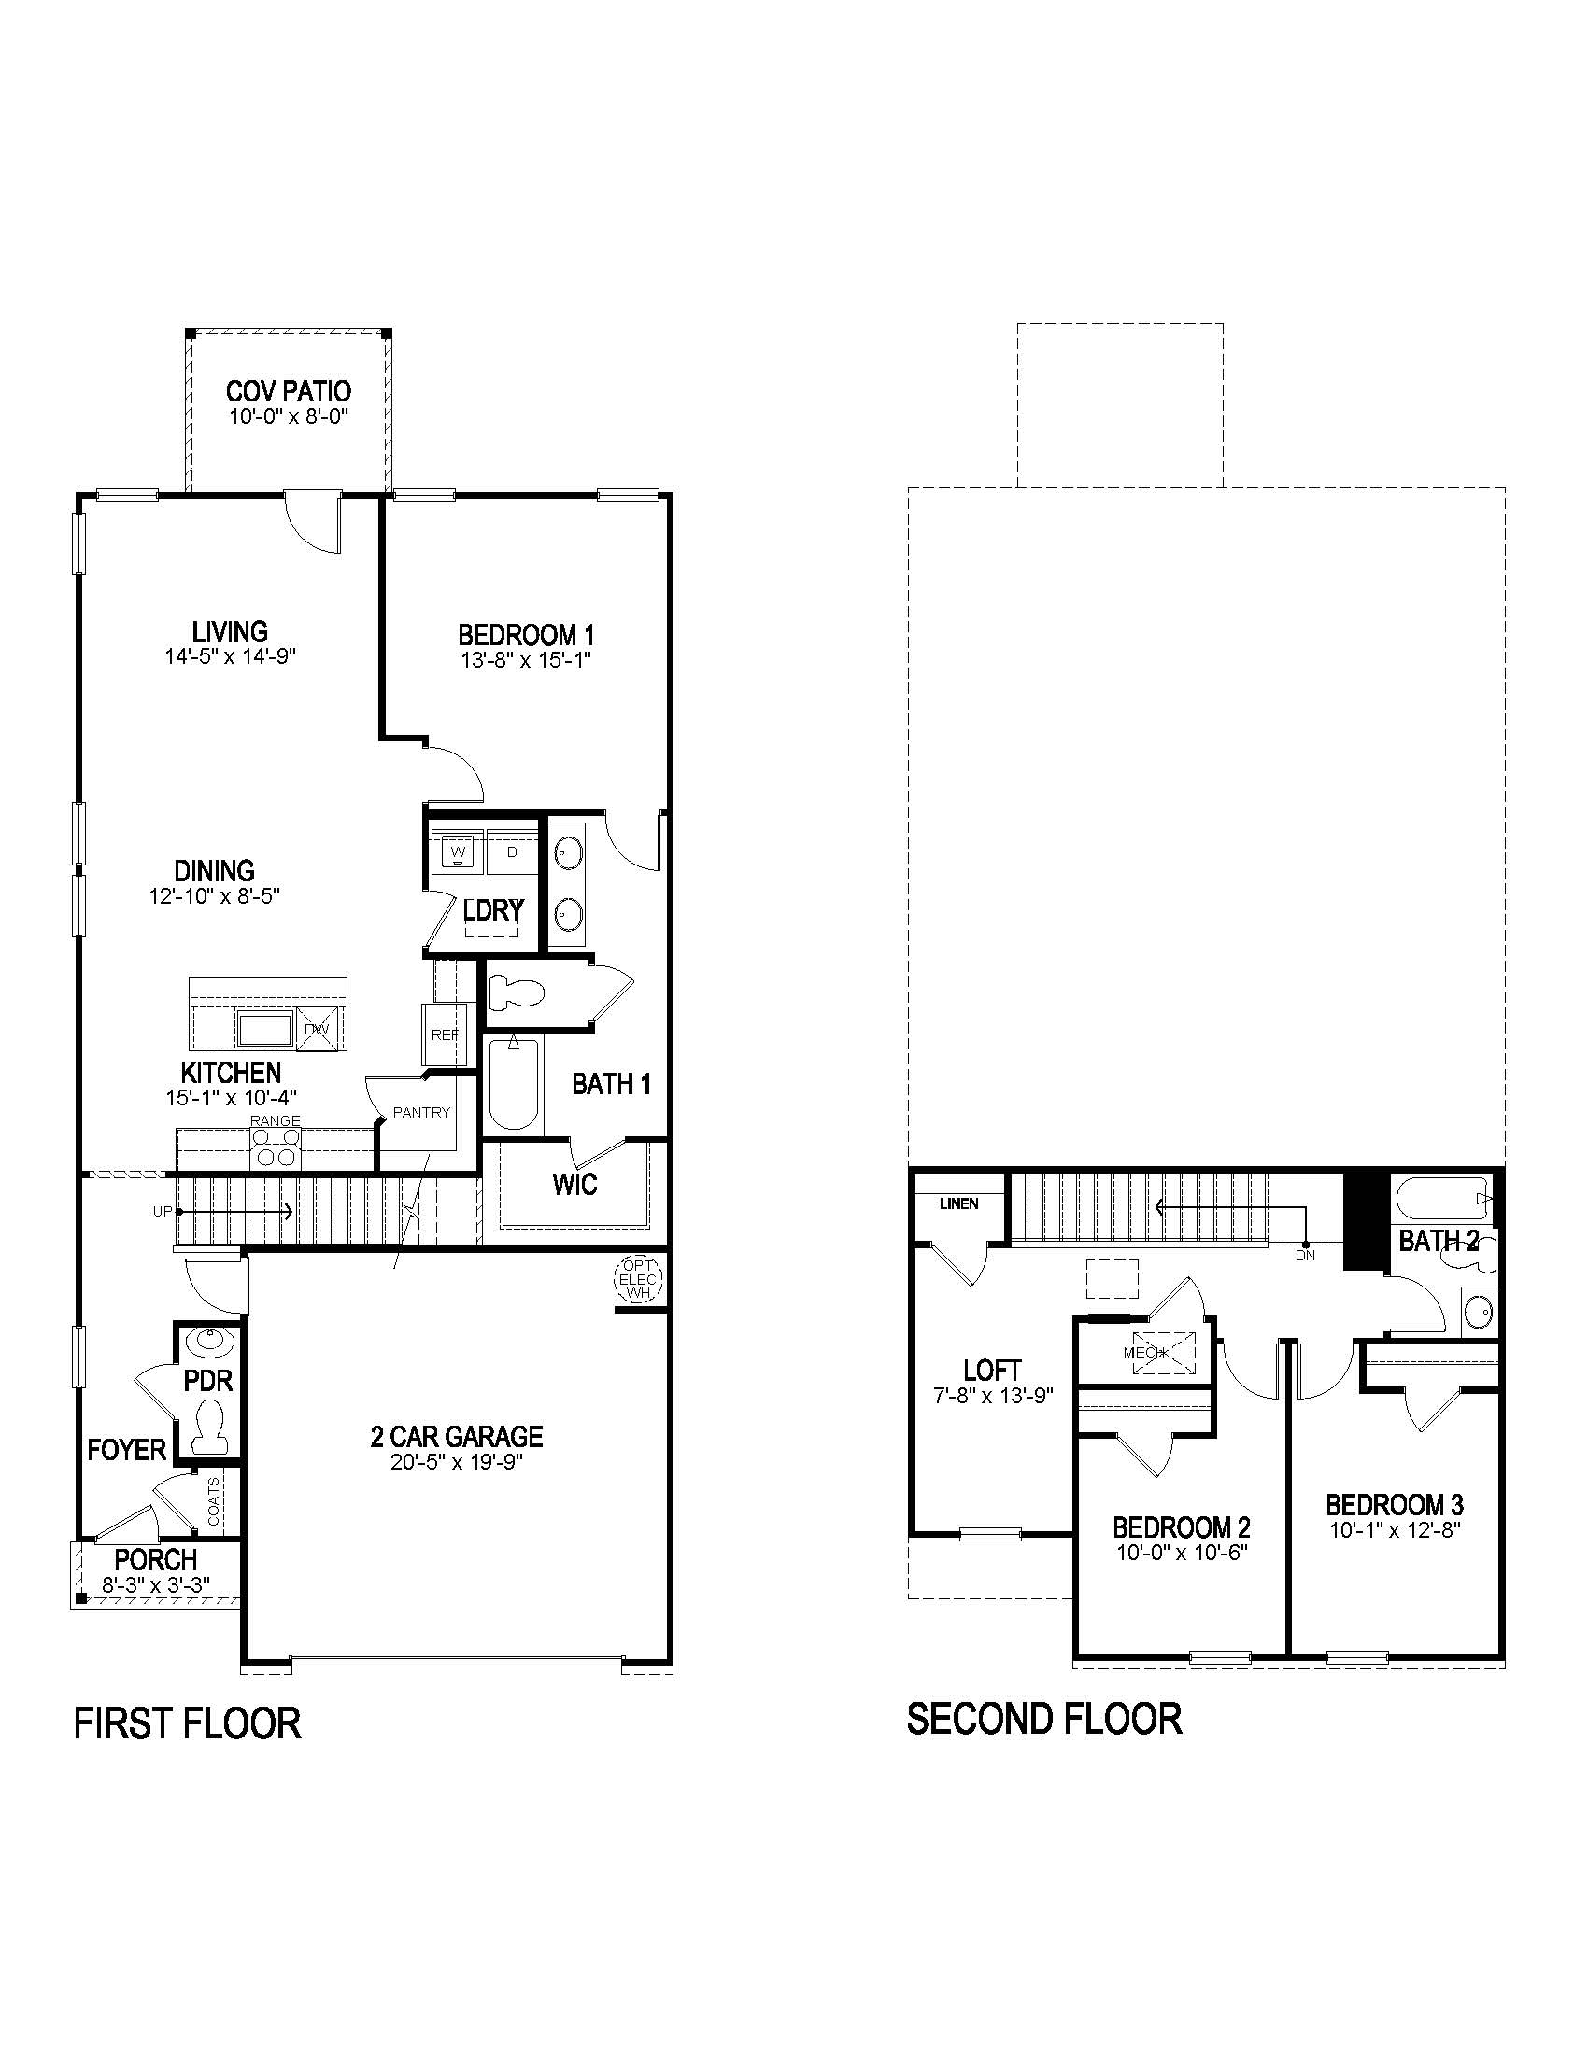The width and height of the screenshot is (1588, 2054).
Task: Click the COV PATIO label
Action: coord(288,390)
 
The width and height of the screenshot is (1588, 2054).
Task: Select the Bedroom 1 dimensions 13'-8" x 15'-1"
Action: coord(526,660)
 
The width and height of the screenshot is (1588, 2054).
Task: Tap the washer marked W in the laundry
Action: coord(458,852)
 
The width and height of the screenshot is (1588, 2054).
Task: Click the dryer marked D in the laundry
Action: coord(512,852)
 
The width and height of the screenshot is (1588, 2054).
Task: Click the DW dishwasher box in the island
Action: coord(318,1027)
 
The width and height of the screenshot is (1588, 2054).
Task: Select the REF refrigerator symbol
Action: coord(444,1034)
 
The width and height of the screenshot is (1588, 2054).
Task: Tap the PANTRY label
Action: coord(421,1113)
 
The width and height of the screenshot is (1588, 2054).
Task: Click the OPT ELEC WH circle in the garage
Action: coord(639,1280)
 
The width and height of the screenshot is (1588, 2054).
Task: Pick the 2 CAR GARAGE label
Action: coord(456,1436)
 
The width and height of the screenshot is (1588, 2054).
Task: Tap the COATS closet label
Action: coord(214,1502)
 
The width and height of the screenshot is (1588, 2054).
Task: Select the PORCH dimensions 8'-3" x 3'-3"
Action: coord(156,1583)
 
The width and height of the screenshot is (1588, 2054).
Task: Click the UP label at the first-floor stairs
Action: coord(162,1212)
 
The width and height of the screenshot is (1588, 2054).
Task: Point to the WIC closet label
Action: coord(574,1184)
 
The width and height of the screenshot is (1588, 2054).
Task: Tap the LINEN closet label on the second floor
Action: coord(958,1203)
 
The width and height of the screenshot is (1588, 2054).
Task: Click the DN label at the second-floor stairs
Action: coord(1305,1255)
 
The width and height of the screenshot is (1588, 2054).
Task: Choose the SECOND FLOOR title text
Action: coord(1044,1719)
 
